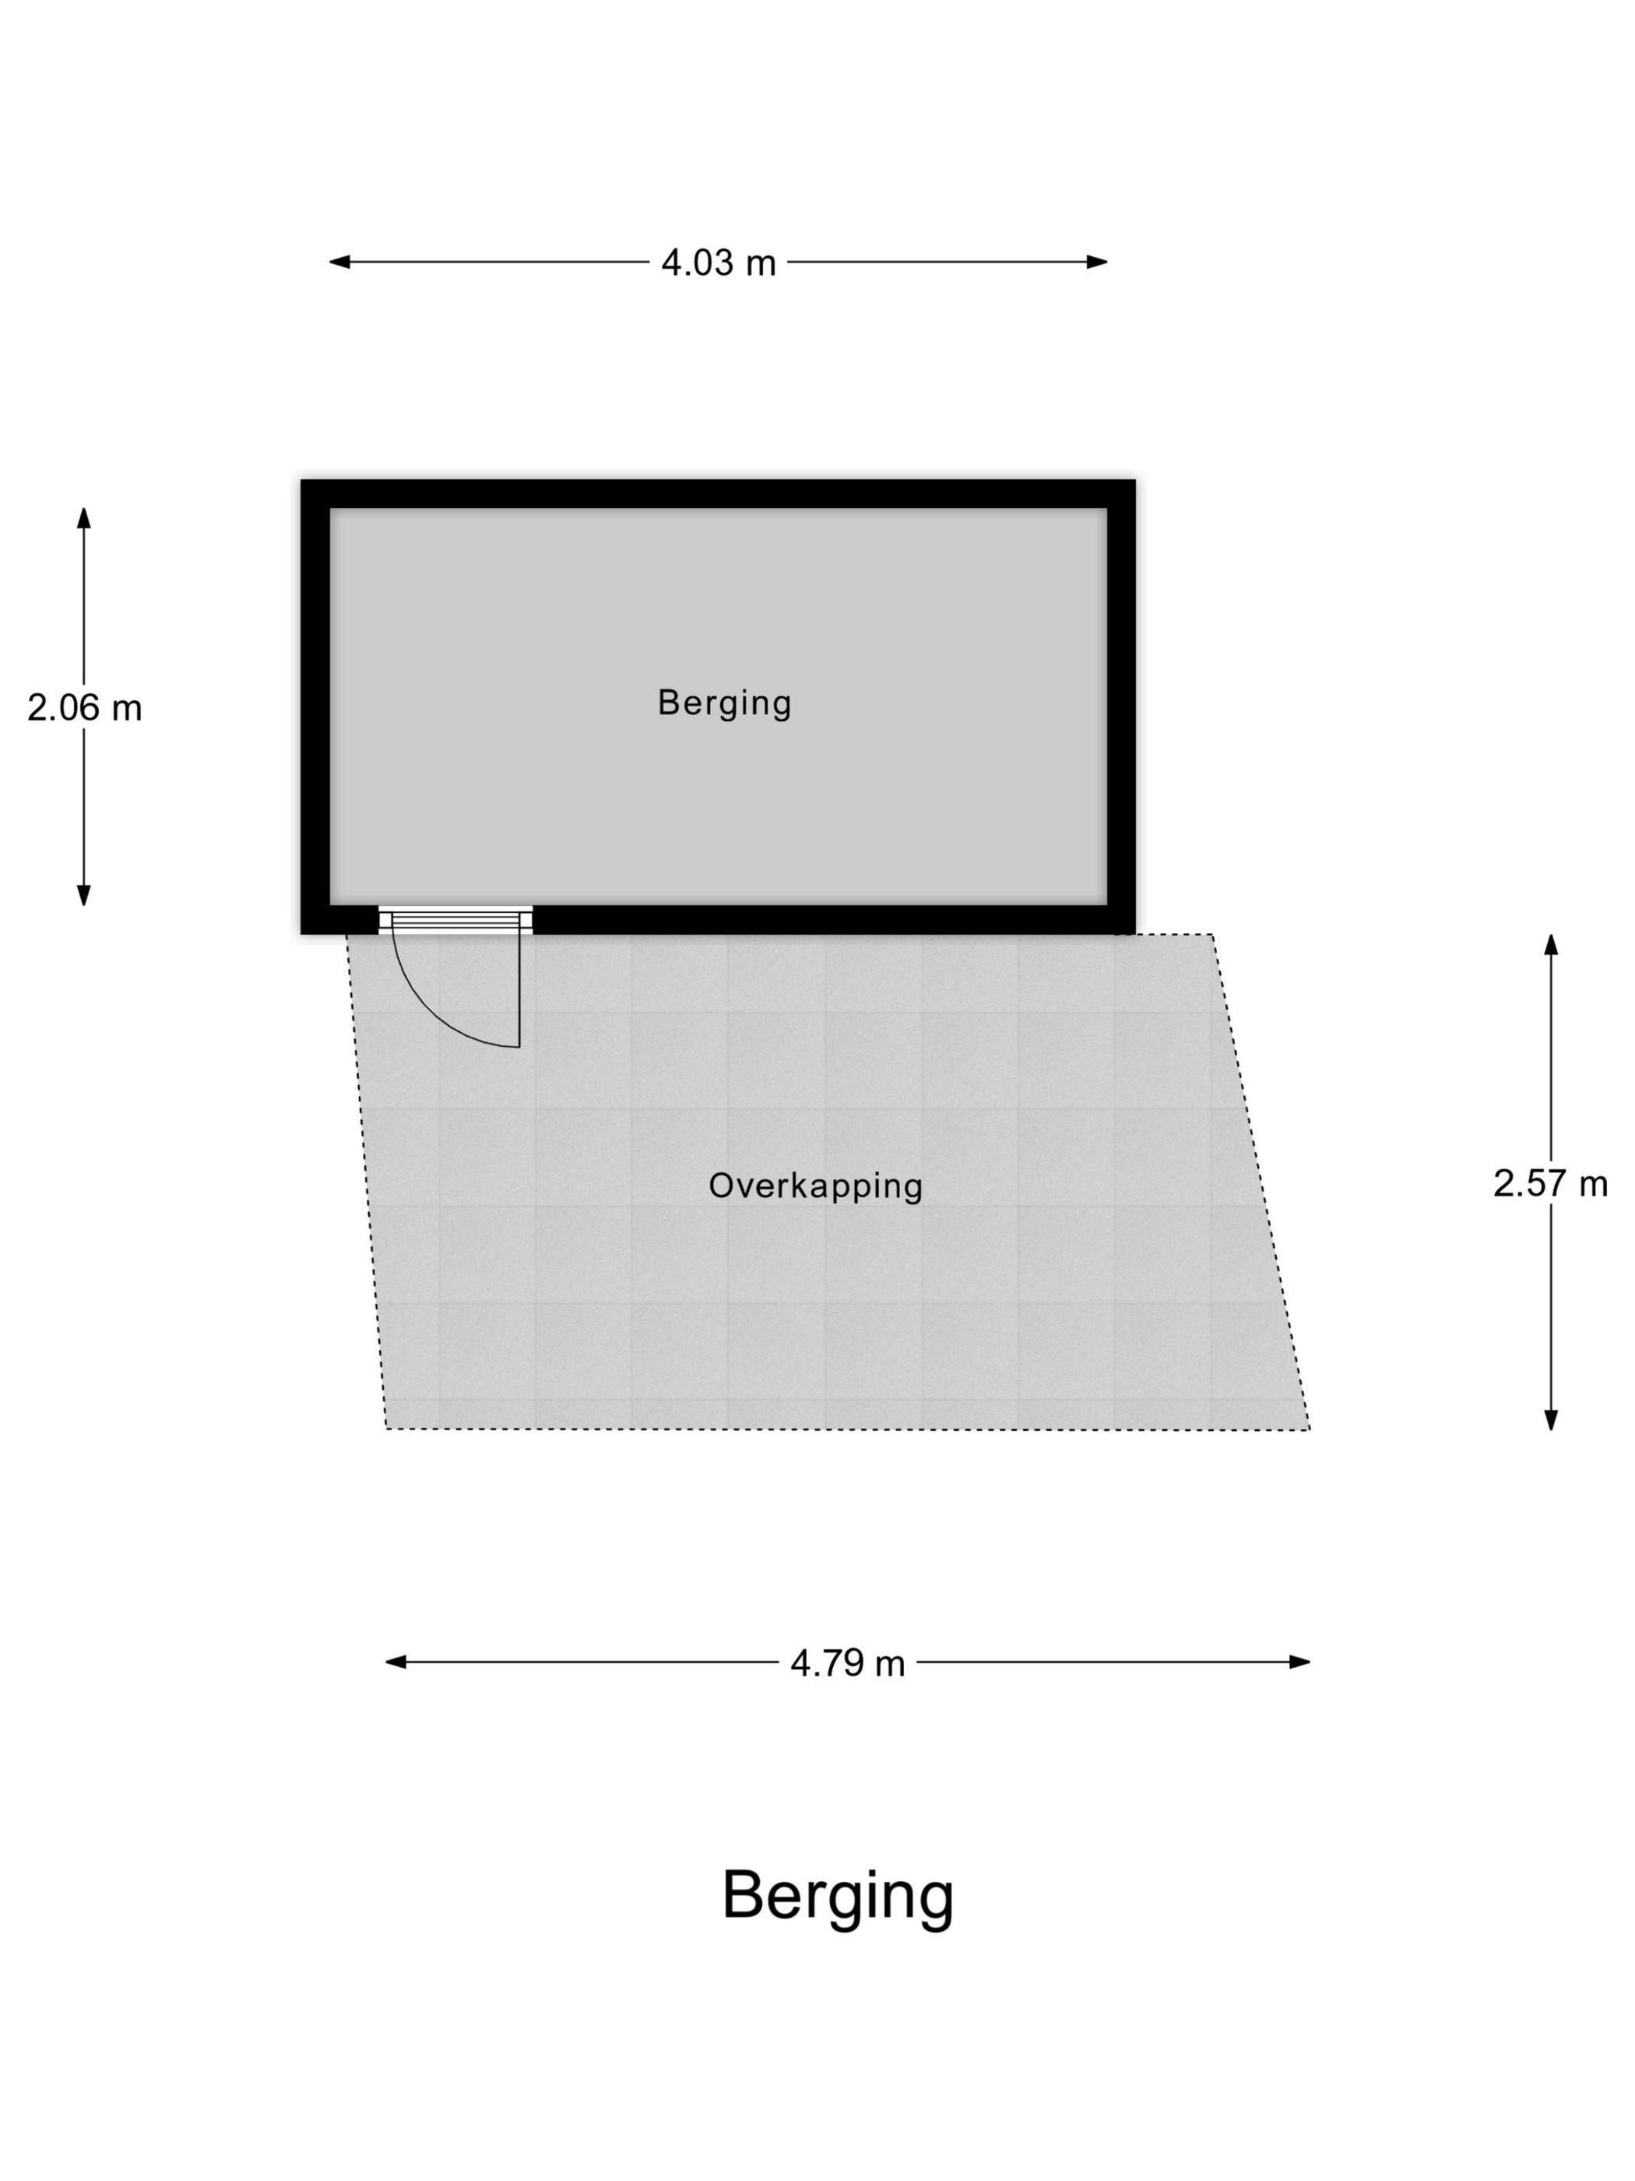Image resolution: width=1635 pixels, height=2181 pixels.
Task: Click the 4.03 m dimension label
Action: point(719,262)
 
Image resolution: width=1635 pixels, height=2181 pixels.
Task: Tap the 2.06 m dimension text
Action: point(85,708)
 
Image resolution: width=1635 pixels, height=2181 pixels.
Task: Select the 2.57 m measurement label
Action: point(1550,1183)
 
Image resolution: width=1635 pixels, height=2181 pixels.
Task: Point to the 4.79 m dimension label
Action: point(848,1663)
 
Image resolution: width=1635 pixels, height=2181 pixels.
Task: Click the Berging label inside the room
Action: point(724,704)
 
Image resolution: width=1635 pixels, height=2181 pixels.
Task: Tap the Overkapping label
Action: point(816,1187)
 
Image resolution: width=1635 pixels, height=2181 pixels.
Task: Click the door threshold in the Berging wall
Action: point(455,921)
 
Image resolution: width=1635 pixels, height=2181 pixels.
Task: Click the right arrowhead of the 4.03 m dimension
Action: point(1097,262)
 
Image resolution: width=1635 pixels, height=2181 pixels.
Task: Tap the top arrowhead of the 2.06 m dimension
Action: point(84,519)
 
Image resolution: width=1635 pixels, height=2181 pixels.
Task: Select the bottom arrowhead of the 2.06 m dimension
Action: point(84,895)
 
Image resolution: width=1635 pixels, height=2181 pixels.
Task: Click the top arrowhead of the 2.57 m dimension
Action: point(1551,945)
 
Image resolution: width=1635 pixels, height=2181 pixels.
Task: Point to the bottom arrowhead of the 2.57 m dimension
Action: point(1551,1420)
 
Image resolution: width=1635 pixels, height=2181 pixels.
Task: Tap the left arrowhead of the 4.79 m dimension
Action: point(396,1662)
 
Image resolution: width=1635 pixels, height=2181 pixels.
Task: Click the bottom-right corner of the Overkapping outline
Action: point(1310,1429)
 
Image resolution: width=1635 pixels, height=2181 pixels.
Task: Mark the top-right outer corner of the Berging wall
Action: point(1135,480)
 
